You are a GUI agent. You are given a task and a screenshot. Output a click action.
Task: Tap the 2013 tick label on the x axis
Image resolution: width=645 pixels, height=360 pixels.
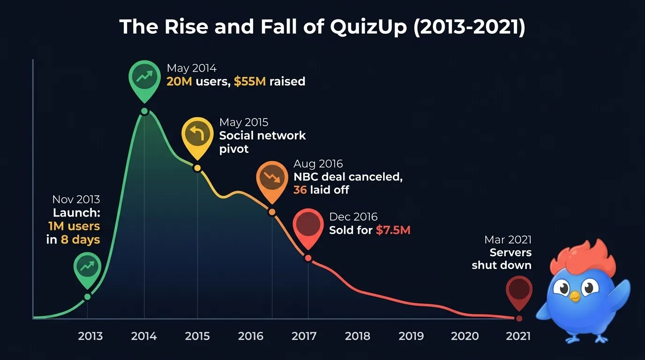pyautogui.click(x=90, y=336)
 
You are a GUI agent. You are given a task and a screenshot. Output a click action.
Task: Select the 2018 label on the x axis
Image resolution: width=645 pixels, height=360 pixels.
pyautogui.click(x=358, y=336)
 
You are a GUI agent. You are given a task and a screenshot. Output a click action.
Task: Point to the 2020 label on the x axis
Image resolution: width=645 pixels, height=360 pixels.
pyautogui.click(x=465, y=336)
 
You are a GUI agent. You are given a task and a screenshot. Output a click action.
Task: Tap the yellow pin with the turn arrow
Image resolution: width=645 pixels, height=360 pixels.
pyautogui.click(x=197, y=135)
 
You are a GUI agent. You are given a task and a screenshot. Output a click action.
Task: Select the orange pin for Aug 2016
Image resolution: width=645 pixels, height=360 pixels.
pyautogui.click(x=271, y=178)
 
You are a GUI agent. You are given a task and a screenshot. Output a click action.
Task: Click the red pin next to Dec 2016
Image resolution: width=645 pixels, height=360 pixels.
pyautogui.click(x=308, y=225)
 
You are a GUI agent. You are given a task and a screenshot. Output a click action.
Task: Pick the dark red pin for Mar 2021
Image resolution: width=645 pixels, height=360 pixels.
pyautogui.click(x=519, y=290)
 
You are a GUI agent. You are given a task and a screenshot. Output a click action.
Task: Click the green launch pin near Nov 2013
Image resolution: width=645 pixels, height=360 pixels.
pyautogui.click(x=87, y=267)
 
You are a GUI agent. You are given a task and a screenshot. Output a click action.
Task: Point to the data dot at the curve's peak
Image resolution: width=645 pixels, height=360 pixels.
pyautogui.click(x=144, y=112)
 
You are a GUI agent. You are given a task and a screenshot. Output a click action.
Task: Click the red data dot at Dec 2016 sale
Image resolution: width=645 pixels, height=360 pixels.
pyautogui.click(x=308, y=258)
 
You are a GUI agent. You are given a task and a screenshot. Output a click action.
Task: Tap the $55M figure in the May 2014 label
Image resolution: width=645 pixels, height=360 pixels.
pyautogui.click(x=250, y=82)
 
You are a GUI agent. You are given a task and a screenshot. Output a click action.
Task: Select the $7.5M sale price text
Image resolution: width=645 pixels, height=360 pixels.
pyautogui.click(x=393, y=230)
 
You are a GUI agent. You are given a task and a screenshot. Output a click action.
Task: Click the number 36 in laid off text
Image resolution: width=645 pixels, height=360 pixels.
pyautogui.click(x=300, y=190)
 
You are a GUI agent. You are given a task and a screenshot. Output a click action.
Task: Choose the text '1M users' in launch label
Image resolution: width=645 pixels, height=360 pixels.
pyautogui.click(x=74, y=226)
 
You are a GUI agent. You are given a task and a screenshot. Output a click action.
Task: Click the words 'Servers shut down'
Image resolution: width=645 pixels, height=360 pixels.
pyautogui.click(x=502, y=259)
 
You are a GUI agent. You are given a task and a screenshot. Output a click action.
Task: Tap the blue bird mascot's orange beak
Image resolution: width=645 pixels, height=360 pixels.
pyautogui.click(x=575, y=296)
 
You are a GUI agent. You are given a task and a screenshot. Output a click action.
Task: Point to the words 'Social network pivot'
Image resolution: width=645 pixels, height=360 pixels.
pyautogui.click(x=262, y=142)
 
